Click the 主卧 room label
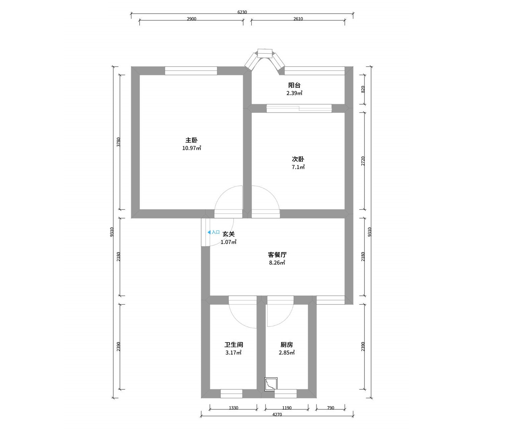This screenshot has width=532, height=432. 191,140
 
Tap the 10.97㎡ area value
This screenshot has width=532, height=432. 192,148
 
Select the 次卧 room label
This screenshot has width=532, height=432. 298,159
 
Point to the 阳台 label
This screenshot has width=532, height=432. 294,85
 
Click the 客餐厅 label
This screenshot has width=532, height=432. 277,255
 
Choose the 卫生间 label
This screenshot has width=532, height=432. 234,345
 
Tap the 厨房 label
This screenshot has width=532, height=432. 286,345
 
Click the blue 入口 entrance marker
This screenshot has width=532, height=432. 214,232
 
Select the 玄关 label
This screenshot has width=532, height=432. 229,234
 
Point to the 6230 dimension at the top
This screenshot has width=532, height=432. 242,12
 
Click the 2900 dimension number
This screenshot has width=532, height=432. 192,19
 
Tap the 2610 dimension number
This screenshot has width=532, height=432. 298,19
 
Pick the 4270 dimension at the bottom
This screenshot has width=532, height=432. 277,415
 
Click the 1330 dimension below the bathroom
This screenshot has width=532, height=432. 234,408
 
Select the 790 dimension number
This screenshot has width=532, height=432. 330,408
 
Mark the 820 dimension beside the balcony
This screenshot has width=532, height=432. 363,89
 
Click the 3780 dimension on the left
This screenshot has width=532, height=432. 118,142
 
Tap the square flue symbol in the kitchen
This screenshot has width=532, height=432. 271,384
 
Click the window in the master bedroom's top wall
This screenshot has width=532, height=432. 191,71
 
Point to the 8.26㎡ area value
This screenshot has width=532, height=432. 277,263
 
